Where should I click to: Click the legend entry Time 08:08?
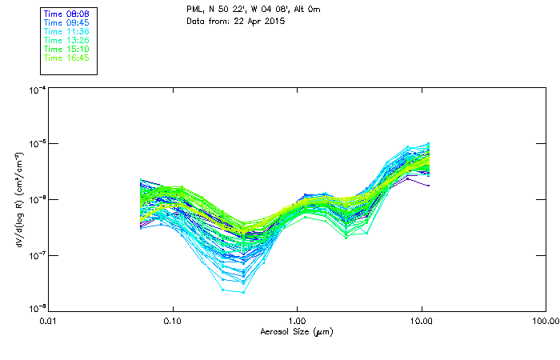[66, 14]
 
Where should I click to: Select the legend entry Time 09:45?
[66, 23]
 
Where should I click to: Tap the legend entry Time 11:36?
[66, 32]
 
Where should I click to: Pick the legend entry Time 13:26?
[66, 41]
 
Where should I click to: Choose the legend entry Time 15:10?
[66, 50]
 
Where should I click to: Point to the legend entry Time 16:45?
[66, 58]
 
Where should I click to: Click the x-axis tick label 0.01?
[48, 322]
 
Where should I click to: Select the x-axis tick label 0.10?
[172, 322]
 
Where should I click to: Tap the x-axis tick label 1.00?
[297, 322]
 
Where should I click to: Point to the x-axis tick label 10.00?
[421, 322]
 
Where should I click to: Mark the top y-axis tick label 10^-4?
[36, 90]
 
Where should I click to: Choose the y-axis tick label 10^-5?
[36, 145]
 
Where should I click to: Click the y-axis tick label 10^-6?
[36, 200]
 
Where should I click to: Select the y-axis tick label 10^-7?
[36, 255]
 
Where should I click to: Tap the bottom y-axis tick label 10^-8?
[36, 309]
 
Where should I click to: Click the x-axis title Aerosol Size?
[296, 332]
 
